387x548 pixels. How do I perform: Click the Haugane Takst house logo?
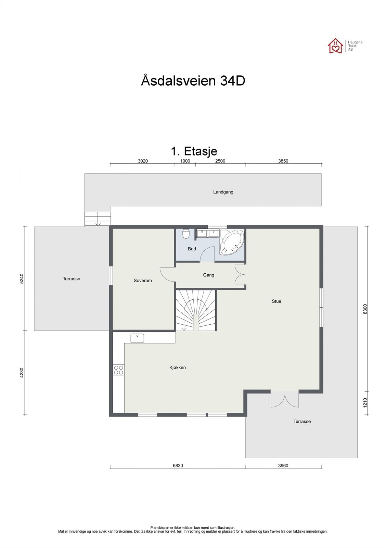coord(335,46)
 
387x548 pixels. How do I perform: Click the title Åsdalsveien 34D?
coord(193,81)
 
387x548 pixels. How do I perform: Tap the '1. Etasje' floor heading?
coord(194,151)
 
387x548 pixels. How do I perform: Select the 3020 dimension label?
coord(142,161)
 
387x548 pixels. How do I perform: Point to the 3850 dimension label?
coord(283,161)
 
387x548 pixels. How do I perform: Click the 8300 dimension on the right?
coord(365,309)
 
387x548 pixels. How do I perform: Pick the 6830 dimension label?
coord(178,465)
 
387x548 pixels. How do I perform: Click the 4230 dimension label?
coord(22,372)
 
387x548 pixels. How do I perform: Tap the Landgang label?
coord(223,192)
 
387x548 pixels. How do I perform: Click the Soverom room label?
coord(143,281)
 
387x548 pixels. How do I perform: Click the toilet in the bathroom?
coord(186,234)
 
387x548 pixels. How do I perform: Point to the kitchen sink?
coord(137,338)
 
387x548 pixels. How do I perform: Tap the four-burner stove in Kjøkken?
coord(118,370)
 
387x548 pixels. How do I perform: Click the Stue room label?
coord(276,301)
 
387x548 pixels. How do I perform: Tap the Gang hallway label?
coord(209,275)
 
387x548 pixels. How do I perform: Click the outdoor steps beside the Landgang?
coord(98,219)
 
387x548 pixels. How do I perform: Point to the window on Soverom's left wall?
coord(111,275)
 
